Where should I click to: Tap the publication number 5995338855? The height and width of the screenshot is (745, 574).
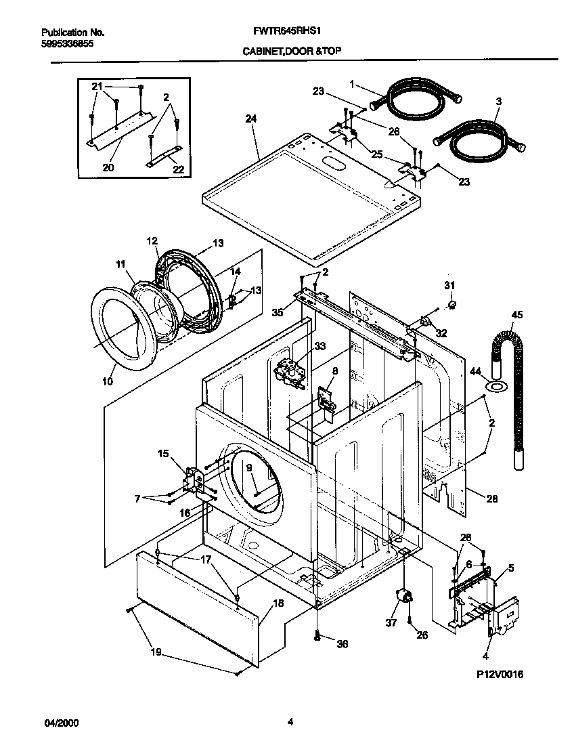[67, 43]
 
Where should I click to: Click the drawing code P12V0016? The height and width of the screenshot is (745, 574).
[500, 675]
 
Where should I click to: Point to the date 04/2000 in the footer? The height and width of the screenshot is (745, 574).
[61, 723]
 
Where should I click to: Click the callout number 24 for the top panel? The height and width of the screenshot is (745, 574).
[251, 119]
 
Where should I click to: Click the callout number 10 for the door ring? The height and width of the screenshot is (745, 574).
[108, 382]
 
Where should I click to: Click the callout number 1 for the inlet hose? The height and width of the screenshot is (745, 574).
[353, 84]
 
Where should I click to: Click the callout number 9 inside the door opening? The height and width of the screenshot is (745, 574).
[248, 467]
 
